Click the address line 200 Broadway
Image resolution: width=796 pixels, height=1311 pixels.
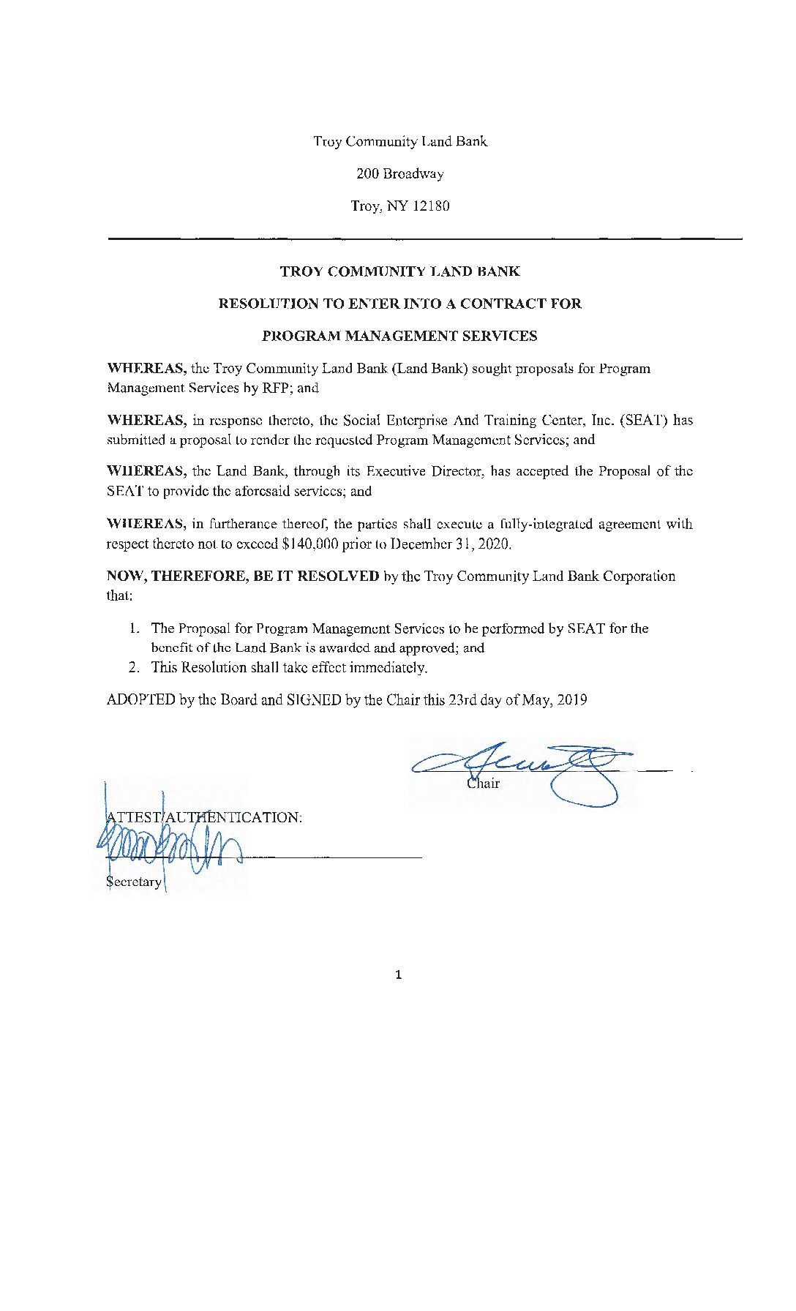pos(399,174)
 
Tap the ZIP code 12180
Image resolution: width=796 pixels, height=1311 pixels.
pos(431,206)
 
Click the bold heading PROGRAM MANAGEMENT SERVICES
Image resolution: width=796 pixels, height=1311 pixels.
pos(399,337)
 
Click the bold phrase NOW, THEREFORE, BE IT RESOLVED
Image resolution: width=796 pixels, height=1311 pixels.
pos(243,576)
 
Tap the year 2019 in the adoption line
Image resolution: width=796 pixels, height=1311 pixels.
pos(572,700)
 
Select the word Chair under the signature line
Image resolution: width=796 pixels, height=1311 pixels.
pos(483,784)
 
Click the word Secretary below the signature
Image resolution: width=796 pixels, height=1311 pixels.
pos(134,882)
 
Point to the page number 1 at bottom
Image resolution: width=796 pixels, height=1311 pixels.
pos(398,975)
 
